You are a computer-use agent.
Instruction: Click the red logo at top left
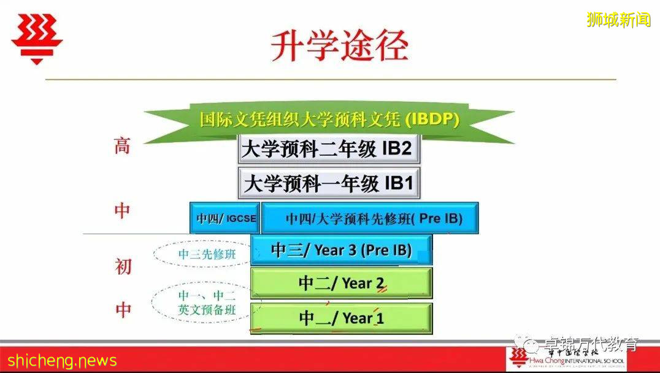click(37, 38)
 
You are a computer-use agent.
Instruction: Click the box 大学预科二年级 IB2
click(329, 149)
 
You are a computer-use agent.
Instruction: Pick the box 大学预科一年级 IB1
click(329, 183)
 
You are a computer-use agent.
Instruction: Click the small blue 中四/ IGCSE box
click(225, 218)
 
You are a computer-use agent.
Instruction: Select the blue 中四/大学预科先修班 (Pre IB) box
click(370, 218)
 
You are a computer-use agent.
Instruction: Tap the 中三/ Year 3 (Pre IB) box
click(341, 250)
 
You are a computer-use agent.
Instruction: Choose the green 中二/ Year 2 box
click(341, 283)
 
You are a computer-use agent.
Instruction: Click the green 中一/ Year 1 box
click(341, 318)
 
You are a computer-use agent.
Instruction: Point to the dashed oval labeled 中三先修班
click(202, 254)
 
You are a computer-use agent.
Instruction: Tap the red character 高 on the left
click(122, 146)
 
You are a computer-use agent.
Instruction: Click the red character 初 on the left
click(123, 266)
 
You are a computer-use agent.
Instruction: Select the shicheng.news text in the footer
click(59, 360)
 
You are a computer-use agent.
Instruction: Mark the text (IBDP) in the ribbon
click(432, 120)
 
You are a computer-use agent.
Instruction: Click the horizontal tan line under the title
click(331, 79)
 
